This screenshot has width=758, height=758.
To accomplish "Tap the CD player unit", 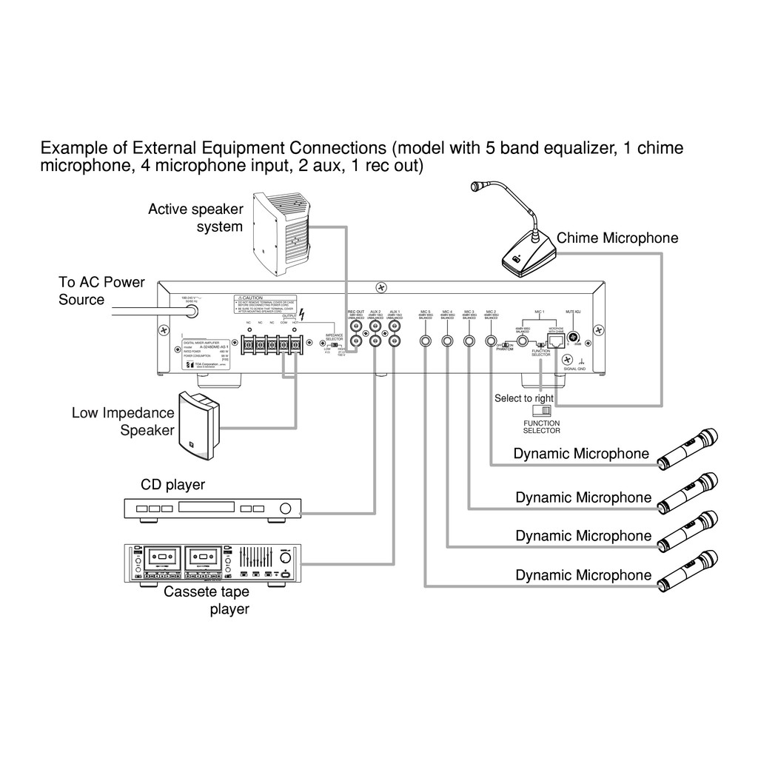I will [x=212, y=509].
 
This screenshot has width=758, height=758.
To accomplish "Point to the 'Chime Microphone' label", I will [x=617, y=238].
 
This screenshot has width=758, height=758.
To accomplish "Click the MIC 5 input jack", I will [x=426, y=341].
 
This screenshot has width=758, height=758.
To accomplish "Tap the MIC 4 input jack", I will [x=447, y=341].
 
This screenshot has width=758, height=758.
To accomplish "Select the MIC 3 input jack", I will [x=469, y=341].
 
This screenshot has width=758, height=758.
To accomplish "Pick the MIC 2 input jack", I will [x=491, y=341].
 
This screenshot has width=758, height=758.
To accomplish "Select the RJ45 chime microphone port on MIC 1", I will [x=552, y=341].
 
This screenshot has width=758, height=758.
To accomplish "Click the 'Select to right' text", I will [x=524, y=398].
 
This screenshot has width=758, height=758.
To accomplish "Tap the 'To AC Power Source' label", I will [x=101, y=291].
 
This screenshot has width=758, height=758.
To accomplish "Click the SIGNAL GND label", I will [x=574, y=368].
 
